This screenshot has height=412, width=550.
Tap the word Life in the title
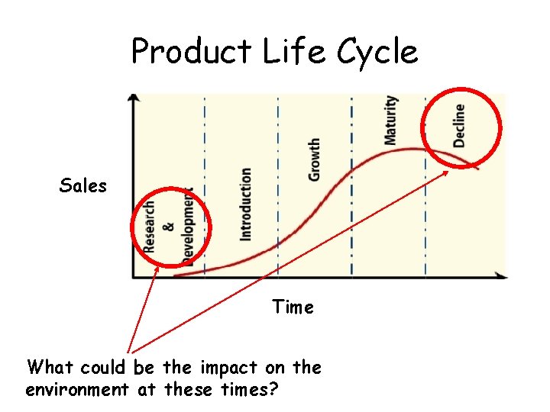pyautogui.click(x=284, y=52)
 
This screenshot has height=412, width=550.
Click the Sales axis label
pyautogui.click(x=82, y=185)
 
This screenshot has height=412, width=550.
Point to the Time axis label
pyautogui.click(x=293, y=307)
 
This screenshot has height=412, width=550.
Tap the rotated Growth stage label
pyautogui.click(x=314, y=160)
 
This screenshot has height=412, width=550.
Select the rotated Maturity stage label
pyautogui.click(x=391, y=120)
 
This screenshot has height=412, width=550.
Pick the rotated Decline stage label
pyautogui.click(x=459, y=124)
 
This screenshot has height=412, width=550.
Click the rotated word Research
pyautogui.click(x=150, y=226)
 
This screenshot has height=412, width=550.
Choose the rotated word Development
pyautogui.click(x=188, y=227)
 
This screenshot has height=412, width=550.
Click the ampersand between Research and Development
pyautogui.click(x=169, y=227)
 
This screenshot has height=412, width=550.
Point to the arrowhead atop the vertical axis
pyautogui.click(x=134, y=98)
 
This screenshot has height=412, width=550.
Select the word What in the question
pyautogui.click(x=50, y=368)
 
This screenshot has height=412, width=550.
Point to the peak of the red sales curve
pyautogui.click(x=413, y=148)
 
